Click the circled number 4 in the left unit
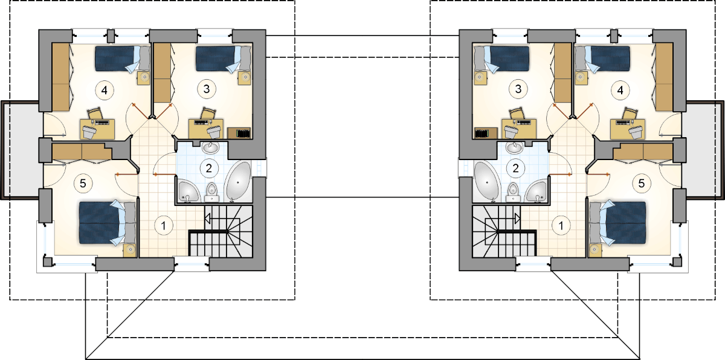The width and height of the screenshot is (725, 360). [104, 90]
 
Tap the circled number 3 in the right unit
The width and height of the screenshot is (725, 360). [518, 89]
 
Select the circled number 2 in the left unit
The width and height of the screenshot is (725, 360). [209, 168]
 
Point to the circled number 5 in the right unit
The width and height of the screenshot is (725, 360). [641, 184]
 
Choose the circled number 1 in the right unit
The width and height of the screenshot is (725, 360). [561, 225]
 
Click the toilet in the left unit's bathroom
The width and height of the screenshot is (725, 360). [212, 192]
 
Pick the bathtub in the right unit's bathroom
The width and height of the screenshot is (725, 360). [488, 182]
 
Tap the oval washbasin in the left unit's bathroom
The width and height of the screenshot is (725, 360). [211, 148]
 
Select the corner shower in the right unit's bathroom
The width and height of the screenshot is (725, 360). [536, 192]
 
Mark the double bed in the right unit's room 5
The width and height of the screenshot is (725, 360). [617, 223]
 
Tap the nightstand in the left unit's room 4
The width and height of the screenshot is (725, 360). [143, 78]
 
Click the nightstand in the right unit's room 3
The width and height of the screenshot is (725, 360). [481, 78]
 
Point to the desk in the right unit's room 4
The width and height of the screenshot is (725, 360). [627, 129]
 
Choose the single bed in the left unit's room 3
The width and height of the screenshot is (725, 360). [224, 59]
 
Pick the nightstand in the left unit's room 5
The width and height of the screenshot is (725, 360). [129, 250]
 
